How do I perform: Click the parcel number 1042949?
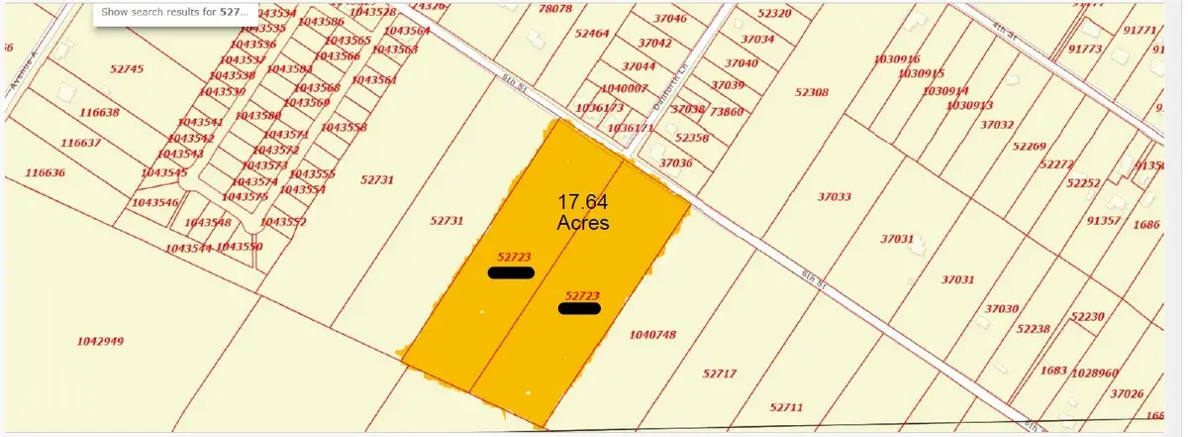100,342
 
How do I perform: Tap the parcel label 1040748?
652,335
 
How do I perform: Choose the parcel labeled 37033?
835,197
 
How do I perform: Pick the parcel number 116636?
45,172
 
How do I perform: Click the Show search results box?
176,13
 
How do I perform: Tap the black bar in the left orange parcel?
512,273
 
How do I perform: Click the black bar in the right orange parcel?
579,308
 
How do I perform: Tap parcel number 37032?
997,125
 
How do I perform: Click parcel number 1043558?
345,128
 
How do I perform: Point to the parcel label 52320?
774,14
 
